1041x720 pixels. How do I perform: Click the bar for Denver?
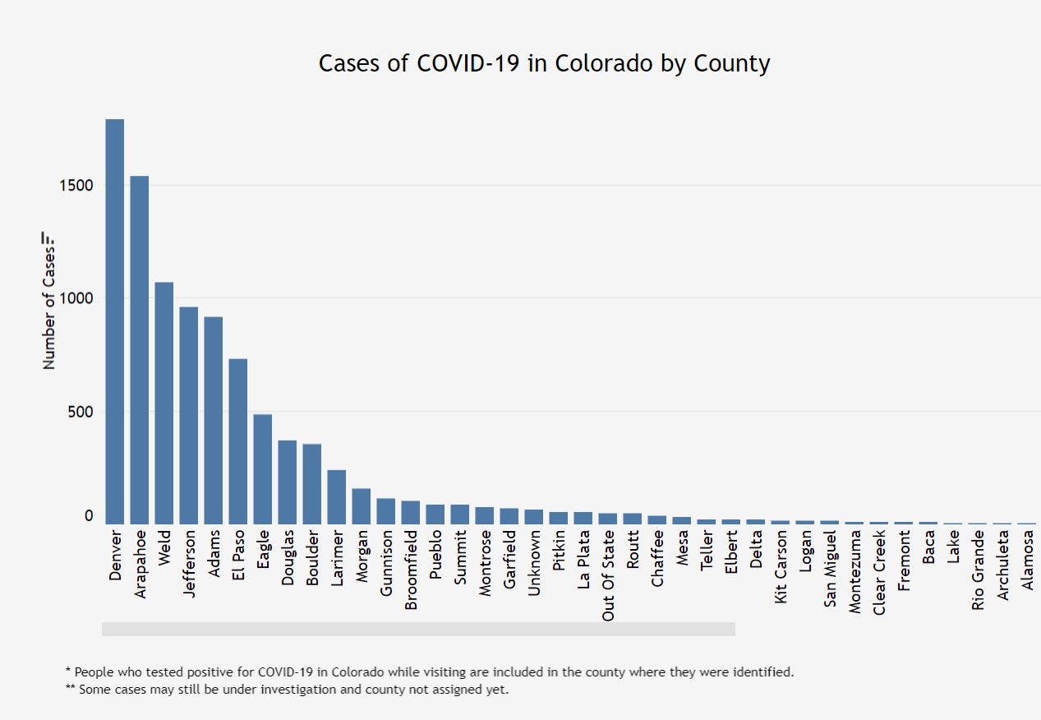pyautogui.click(x=115, y=321)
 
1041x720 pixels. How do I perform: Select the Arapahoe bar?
pyautogui.click(x=140, y=349)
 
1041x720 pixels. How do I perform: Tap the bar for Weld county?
pyautogui.click(x=164, y=403)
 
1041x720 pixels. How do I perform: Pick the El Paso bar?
pyautogui.click(x=238, y=441)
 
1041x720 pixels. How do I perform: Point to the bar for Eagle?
pyautogui.click(x=263, y=468)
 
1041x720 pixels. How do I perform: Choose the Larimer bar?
pyautogui.click(x=337, y=496)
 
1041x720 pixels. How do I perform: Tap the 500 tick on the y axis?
pyautogui.click(x=80, y=411)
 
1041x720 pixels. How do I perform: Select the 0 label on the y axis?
pyautogui.click(x=89, y=516)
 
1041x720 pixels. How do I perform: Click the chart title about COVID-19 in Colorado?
pyautogui.click(x=544, y=63)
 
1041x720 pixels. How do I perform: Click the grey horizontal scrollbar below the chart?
pyautogui.click(x=418, y=629)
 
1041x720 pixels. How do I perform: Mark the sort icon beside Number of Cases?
pyautogui.click(x=49, y=238)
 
